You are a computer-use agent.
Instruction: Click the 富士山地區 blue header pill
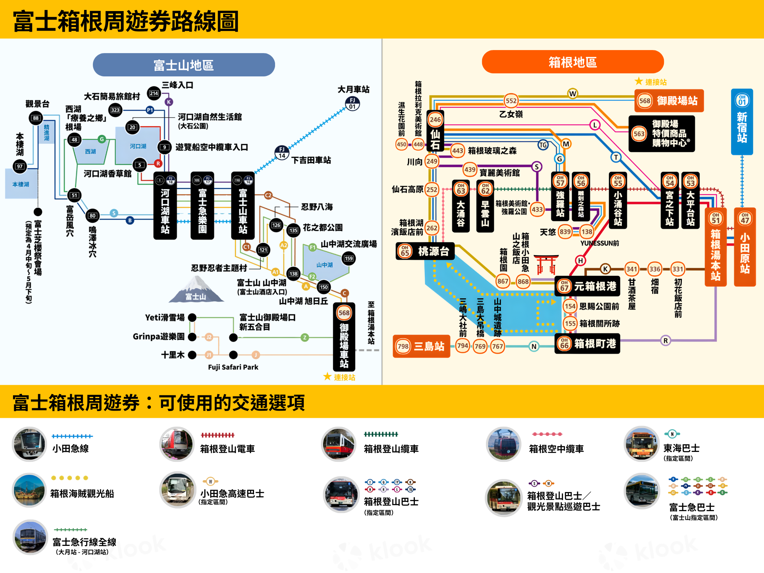pos(184,65)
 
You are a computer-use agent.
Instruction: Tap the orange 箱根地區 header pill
pos(573,62)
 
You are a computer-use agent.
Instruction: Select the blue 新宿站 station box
pos(742,122)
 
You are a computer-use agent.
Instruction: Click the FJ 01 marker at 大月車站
pos(352,104)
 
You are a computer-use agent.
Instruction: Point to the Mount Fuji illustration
pos(196,290)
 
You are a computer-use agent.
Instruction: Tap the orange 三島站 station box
pos(421,346)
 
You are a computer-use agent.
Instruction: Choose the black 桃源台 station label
pos(425,251)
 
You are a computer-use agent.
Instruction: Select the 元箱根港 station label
pos(588,286)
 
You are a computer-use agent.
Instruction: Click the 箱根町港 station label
pos(588,344)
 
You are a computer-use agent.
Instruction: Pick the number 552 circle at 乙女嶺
pos(511,101)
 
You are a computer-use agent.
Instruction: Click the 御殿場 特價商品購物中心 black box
pos(662,134)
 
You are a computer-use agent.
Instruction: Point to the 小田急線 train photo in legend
pos(29,444)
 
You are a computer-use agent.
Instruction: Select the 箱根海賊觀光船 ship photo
pos(29,490)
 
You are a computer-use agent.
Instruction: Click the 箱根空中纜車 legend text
pos(556,449)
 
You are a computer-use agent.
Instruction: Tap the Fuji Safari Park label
pos(233,367)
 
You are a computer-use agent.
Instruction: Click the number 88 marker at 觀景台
pos(36,118)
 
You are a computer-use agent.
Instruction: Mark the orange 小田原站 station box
pos(745,247)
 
